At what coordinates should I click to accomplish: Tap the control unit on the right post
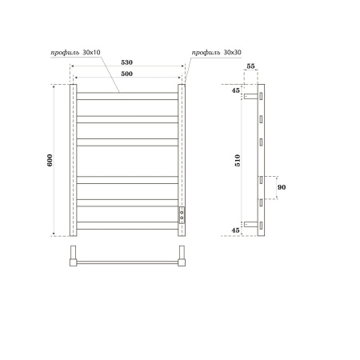(182, 214)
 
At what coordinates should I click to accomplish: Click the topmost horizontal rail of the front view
(127, 95)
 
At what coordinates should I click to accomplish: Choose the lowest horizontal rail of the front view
(127, 226)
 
